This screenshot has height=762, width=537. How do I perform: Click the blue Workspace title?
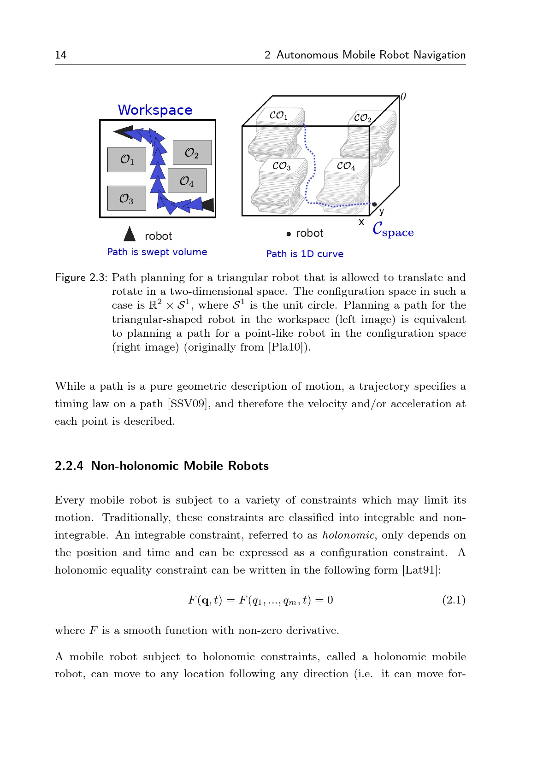155,110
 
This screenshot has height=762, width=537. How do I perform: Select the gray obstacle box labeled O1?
127,160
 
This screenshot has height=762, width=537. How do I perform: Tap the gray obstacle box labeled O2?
192,152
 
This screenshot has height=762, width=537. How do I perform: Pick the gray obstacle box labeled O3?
127,198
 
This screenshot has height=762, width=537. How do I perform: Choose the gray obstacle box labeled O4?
187,181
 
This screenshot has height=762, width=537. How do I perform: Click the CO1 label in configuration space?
278,115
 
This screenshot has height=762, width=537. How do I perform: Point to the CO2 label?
362,118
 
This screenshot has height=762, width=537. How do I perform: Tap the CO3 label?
281,166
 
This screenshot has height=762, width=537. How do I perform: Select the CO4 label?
346,166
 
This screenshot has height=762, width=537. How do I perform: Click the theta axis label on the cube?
403,96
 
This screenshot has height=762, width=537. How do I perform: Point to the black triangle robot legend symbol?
130,234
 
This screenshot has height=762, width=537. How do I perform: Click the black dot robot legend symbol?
289,234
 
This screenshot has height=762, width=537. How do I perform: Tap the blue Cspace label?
393,229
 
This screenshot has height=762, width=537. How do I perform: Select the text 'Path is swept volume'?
157,252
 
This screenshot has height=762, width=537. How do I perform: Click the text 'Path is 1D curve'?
305,254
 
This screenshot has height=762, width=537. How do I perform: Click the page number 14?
60,55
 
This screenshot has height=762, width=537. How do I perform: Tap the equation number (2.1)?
454,600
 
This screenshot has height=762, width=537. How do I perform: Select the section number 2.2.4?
69,466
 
